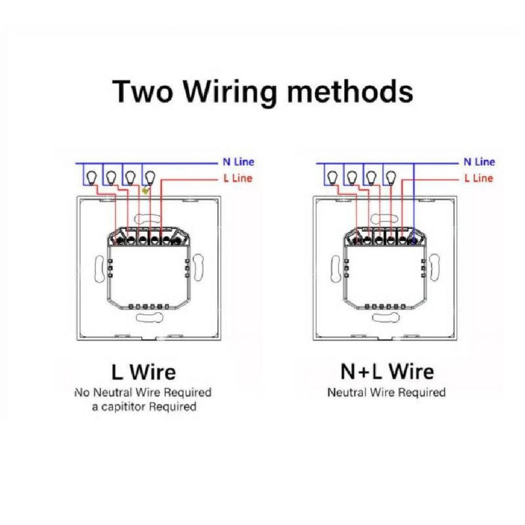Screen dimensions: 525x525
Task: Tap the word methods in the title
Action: [350, 92]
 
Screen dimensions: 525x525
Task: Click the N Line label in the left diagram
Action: [238, 162]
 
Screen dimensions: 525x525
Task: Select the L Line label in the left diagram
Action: [238, 178]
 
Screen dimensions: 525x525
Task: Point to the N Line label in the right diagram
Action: [479, 162]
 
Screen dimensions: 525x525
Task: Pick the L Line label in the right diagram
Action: [479, 178]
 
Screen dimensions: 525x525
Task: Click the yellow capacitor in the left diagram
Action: [145, 190]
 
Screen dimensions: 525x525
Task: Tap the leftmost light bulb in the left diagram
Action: [91, 178]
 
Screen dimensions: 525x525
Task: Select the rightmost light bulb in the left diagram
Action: [150, 178]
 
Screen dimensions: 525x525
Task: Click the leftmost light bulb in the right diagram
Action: [332, 178]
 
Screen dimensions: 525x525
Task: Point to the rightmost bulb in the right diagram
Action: [391, 178]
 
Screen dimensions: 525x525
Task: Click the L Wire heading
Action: [144, 372]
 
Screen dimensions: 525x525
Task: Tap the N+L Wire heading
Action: [387, 371]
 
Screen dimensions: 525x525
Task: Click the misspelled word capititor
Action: [122, 407]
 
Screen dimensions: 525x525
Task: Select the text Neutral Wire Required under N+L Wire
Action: [387, 392]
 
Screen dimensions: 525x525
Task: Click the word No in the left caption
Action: [82, 392]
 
